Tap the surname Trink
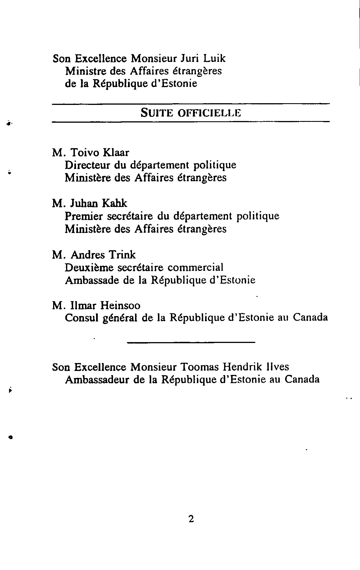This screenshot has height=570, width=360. pos(122,255)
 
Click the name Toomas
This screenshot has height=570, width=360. pos(199,367)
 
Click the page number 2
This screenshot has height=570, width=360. pos(191,519)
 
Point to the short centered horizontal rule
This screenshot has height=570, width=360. pos(191,343)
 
